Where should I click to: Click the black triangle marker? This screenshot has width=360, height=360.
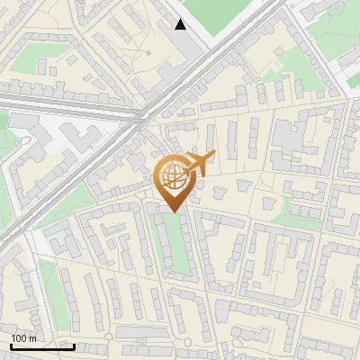pos(180,24)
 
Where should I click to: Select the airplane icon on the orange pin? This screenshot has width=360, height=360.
pos(198,164)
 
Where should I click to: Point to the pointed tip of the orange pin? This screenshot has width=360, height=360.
pos(173,211)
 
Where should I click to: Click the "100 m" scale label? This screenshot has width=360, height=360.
pos(24,338)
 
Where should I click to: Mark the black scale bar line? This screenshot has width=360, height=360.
pos(42,346)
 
